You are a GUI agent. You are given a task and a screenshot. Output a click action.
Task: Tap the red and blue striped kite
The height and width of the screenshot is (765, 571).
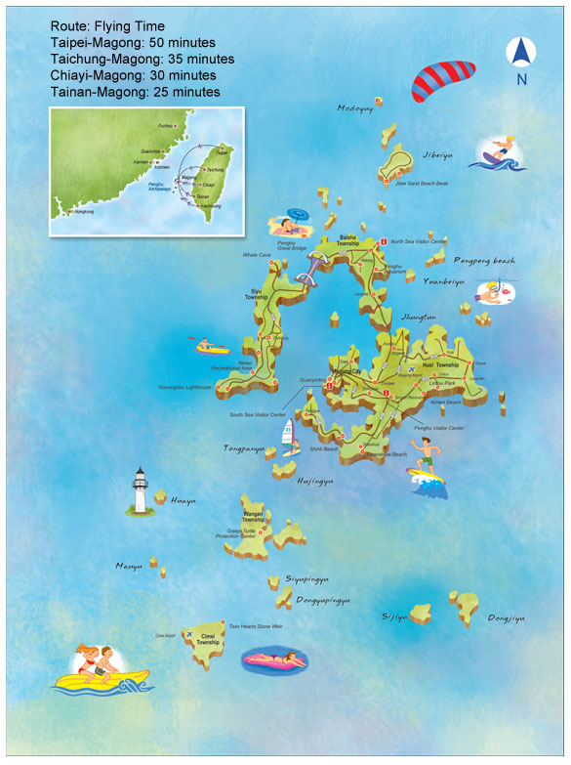point(442,82)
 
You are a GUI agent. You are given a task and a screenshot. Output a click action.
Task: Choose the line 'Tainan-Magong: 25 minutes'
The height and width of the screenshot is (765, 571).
point(135,92)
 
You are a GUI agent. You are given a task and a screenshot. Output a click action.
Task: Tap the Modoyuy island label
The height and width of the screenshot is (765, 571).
point(355,108)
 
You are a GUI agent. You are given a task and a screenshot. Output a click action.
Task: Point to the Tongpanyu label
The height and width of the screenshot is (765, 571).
point(244,449)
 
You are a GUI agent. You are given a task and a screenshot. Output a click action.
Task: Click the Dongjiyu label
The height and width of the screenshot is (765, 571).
point(507,618)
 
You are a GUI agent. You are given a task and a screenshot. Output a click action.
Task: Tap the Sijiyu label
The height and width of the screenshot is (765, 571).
point(393,616)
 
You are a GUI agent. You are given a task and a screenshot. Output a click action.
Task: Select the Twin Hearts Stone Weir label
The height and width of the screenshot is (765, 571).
point(255,626)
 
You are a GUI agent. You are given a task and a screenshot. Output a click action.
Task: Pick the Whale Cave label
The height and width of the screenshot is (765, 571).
point(257,256)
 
